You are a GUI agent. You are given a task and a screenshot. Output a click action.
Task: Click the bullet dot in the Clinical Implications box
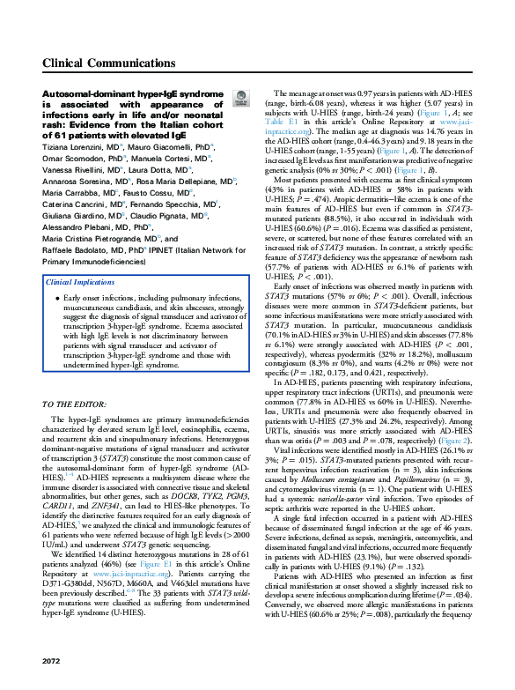pos(56,299)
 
